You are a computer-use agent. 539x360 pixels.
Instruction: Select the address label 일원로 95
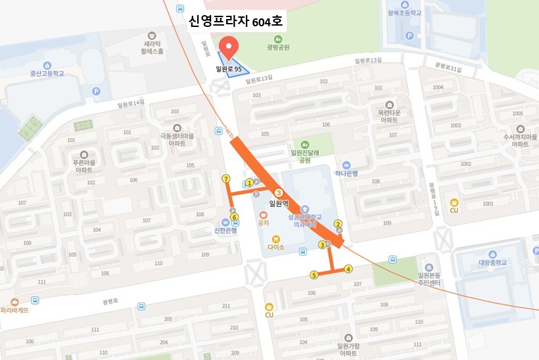point(229,68)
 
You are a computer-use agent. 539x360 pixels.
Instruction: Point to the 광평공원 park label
point(279,47)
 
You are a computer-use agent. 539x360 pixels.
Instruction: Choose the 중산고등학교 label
point(47,74)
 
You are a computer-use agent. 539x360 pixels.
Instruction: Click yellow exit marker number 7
point(226,178)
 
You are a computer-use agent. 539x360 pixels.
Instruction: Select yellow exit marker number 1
point(250,183)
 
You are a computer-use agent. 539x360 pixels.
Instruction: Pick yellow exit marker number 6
point(234,217)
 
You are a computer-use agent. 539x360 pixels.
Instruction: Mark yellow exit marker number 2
point(338,224)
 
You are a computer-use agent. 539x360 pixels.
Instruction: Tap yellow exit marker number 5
point(314,275)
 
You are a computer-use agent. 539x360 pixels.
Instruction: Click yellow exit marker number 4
point(348,268)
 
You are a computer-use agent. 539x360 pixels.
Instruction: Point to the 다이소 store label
point(276,248)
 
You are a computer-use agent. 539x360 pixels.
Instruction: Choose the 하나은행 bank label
point(346,173)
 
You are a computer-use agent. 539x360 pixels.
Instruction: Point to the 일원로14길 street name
point(129,103)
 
